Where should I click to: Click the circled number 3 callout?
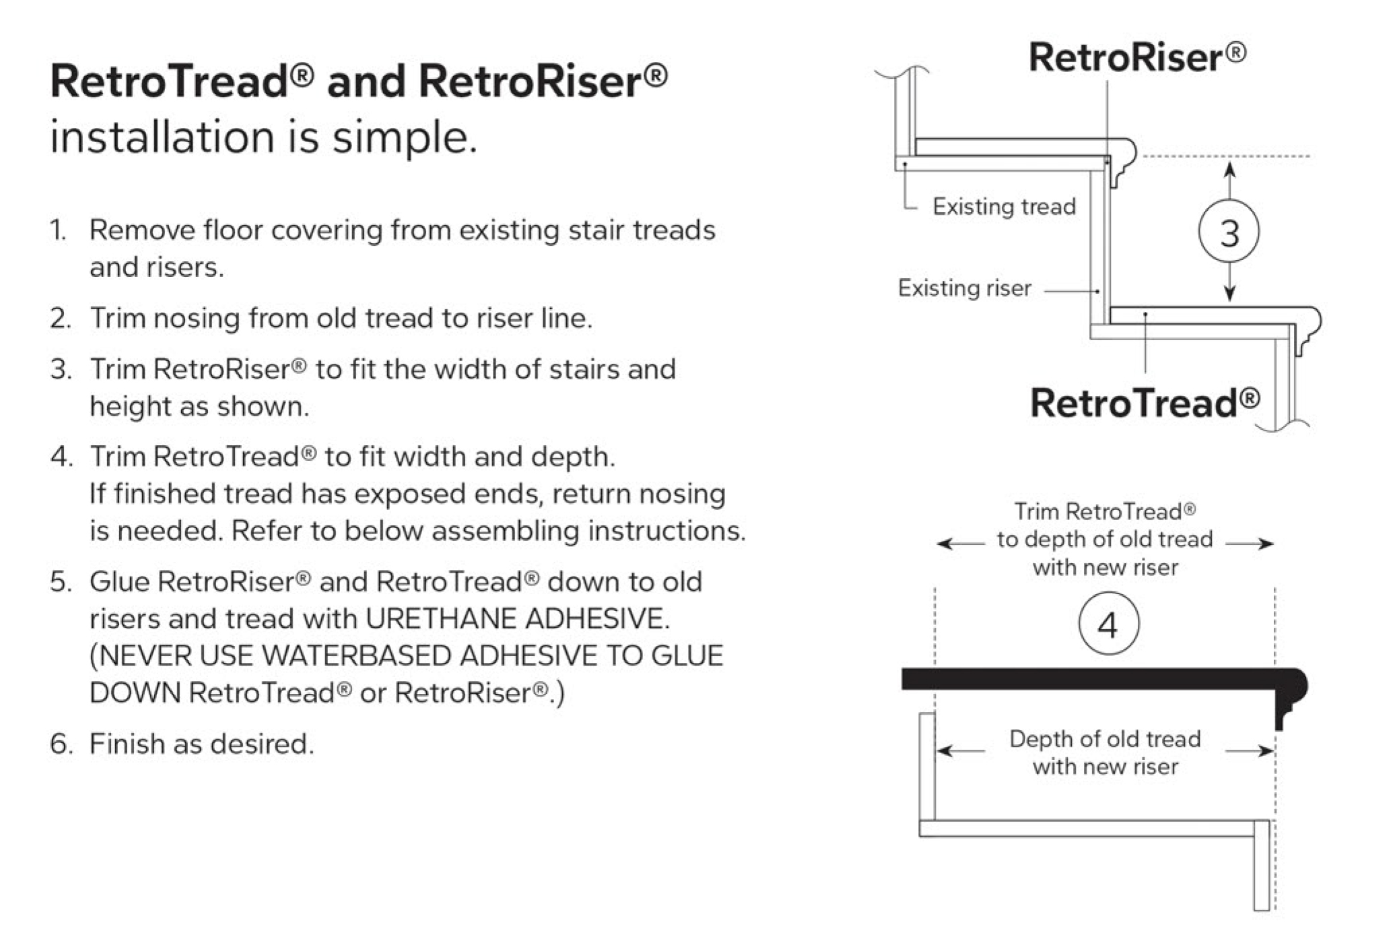tap(1229, 232)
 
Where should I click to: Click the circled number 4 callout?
tap(1108, 623)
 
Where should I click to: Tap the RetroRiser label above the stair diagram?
tap(1137, 57)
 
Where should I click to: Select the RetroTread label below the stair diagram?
tap(1145, 402)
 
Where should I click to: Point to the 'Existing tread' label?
tap(1004, 206)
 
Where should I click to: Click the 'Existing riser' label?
tap(964, 288)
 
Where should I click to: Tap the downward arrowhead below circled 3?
tap(1229, 292)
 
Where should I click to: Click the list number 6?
tap(59, 744)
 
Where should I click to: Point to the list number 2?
tap(59, 318)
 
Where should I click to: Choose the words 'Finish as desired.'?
tap(201, 744)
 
